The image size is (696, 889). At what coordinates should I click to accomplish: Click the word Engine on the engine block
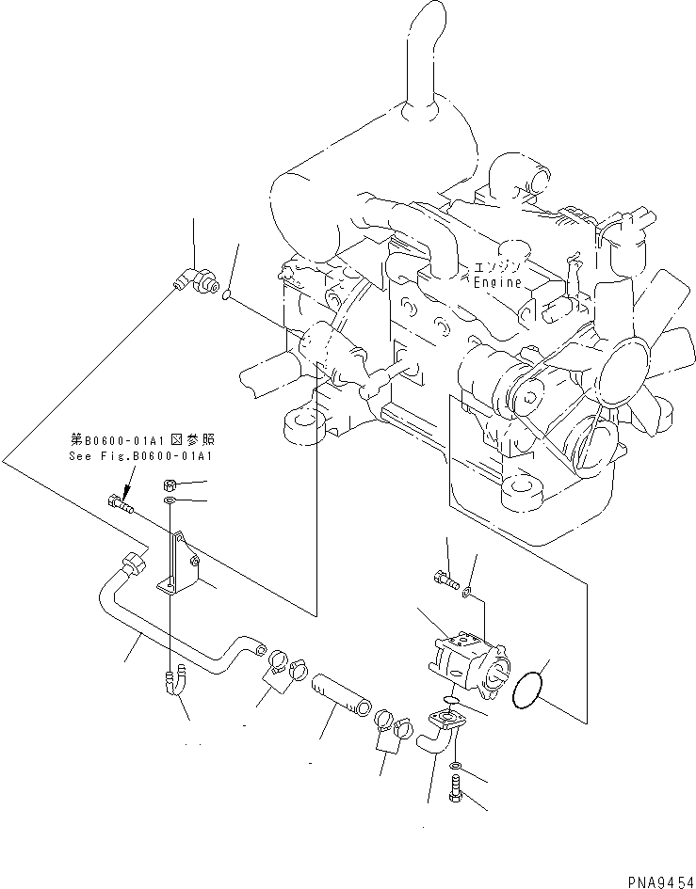click(x=495, y=281)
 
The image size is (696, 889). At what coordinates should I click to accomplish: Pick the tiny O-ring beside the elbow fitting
click(x=227, y=298)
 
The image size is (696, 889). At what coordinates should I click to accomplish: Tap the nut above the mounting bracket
click(x=170, y=485)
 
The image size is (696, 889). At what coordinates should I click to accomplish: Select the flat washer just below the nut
click(x=170, y=503)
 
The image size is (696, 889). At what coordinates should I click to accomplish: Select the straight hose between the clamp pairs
click(x=336, y=698)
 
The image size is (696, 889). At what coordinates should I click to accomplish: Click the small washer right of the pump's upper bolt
click(x=468, y=594)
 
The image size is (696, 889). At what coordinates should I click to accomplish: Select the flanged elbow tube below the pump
click(x=441, y=732)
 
